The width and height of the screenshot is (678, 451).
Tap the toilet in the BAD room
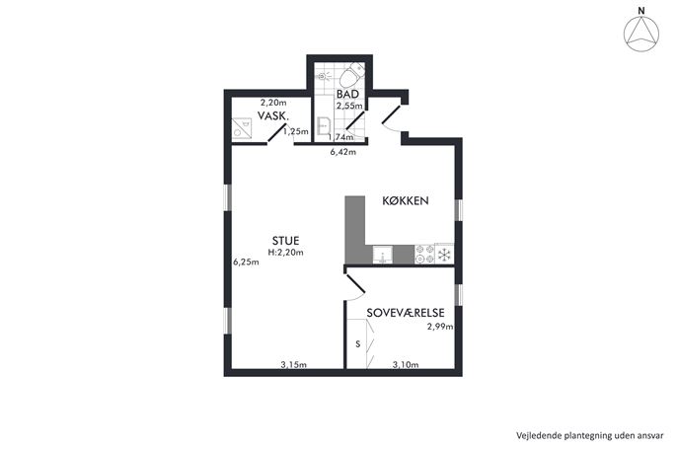350,75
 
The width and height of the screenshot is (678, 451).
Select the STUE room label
285,241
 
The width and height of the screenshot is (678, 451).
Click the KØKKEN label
406,200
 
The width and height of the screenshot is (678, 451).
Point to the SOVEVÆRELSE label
406,313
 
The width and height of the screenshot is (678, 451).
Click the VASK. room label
273,115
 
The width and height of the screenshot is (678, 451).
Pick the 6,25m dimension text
246,263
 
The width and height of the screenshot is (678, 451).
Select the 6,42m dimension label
342,152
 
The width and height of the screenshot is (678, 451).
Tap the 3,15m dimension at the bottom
293,365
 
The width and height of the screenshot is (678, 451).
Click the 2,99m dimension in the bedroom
440,327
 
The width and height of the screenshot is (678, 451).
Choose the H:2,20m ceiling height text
285,253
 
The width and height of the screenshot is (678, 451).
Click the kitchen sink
383,255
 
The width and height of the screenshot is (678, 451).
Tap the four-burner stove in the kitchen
424,255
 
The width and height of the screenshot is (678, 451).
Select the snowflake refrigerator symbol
444,255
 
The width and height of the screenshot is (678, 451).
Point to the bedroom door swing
355,286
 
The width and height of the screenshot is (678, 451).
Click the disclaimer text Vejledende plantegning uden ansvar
589,435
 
